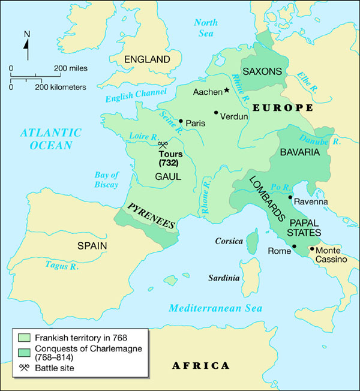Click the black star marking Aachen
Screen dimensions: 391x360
tap(227, 91)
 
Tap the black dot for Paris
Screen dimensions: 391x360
tap(181, 121)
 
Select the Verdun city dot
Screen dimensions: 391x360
tap(216, 112)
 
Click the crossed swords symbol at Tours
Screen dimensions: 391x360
tap(163, 144)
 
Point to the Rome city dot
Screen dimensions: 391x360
tap(295, 246)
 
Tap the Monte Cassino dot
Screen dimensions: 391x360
tap(311, 248)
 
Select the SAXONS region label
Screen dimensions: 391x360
tap(262, 71)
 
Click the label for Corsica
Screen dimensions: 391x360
tap(229, 241)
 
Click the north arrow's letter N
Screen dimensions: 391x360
tap(26, 34)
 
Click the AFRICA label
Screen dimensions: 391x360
tap(200, 365)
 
